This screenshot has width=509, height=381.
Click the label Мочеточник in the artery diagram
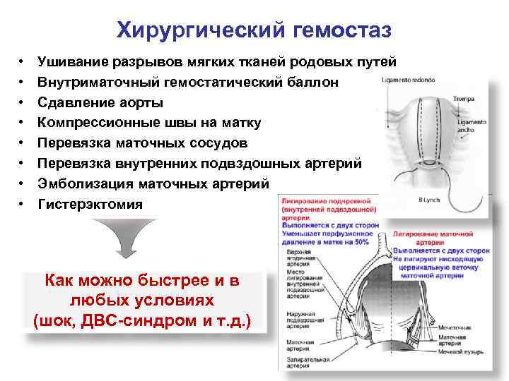454,327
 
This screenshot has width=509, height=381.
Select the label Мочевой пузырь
459,351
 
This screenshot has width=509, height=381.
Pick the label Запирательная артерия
299,364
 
